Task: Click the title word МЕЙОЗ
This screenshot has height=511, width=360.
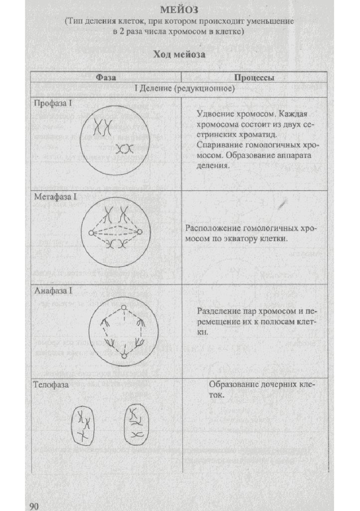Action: click(x=180, y=10)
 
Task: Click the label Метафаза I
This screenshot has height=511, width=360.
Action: click(x=55, y=197)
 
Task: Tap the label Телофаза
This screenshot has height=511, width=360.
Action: click(x=51, y=385)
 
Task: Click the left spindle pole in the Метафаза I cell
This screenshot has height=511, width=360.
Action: click(x=91, y=233)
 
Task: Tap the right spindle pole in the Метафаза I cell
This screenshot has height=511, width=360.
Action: click(x=140, y=232)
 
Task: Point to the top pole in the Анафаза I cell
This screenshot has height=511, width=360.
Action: click(x=123, y=307)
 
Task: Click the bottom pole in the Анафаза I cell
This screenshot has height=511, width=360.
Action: click(x=123, y=355)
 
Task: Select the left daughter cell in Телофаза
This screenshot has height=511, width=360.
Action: click(x=83, y=425)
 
